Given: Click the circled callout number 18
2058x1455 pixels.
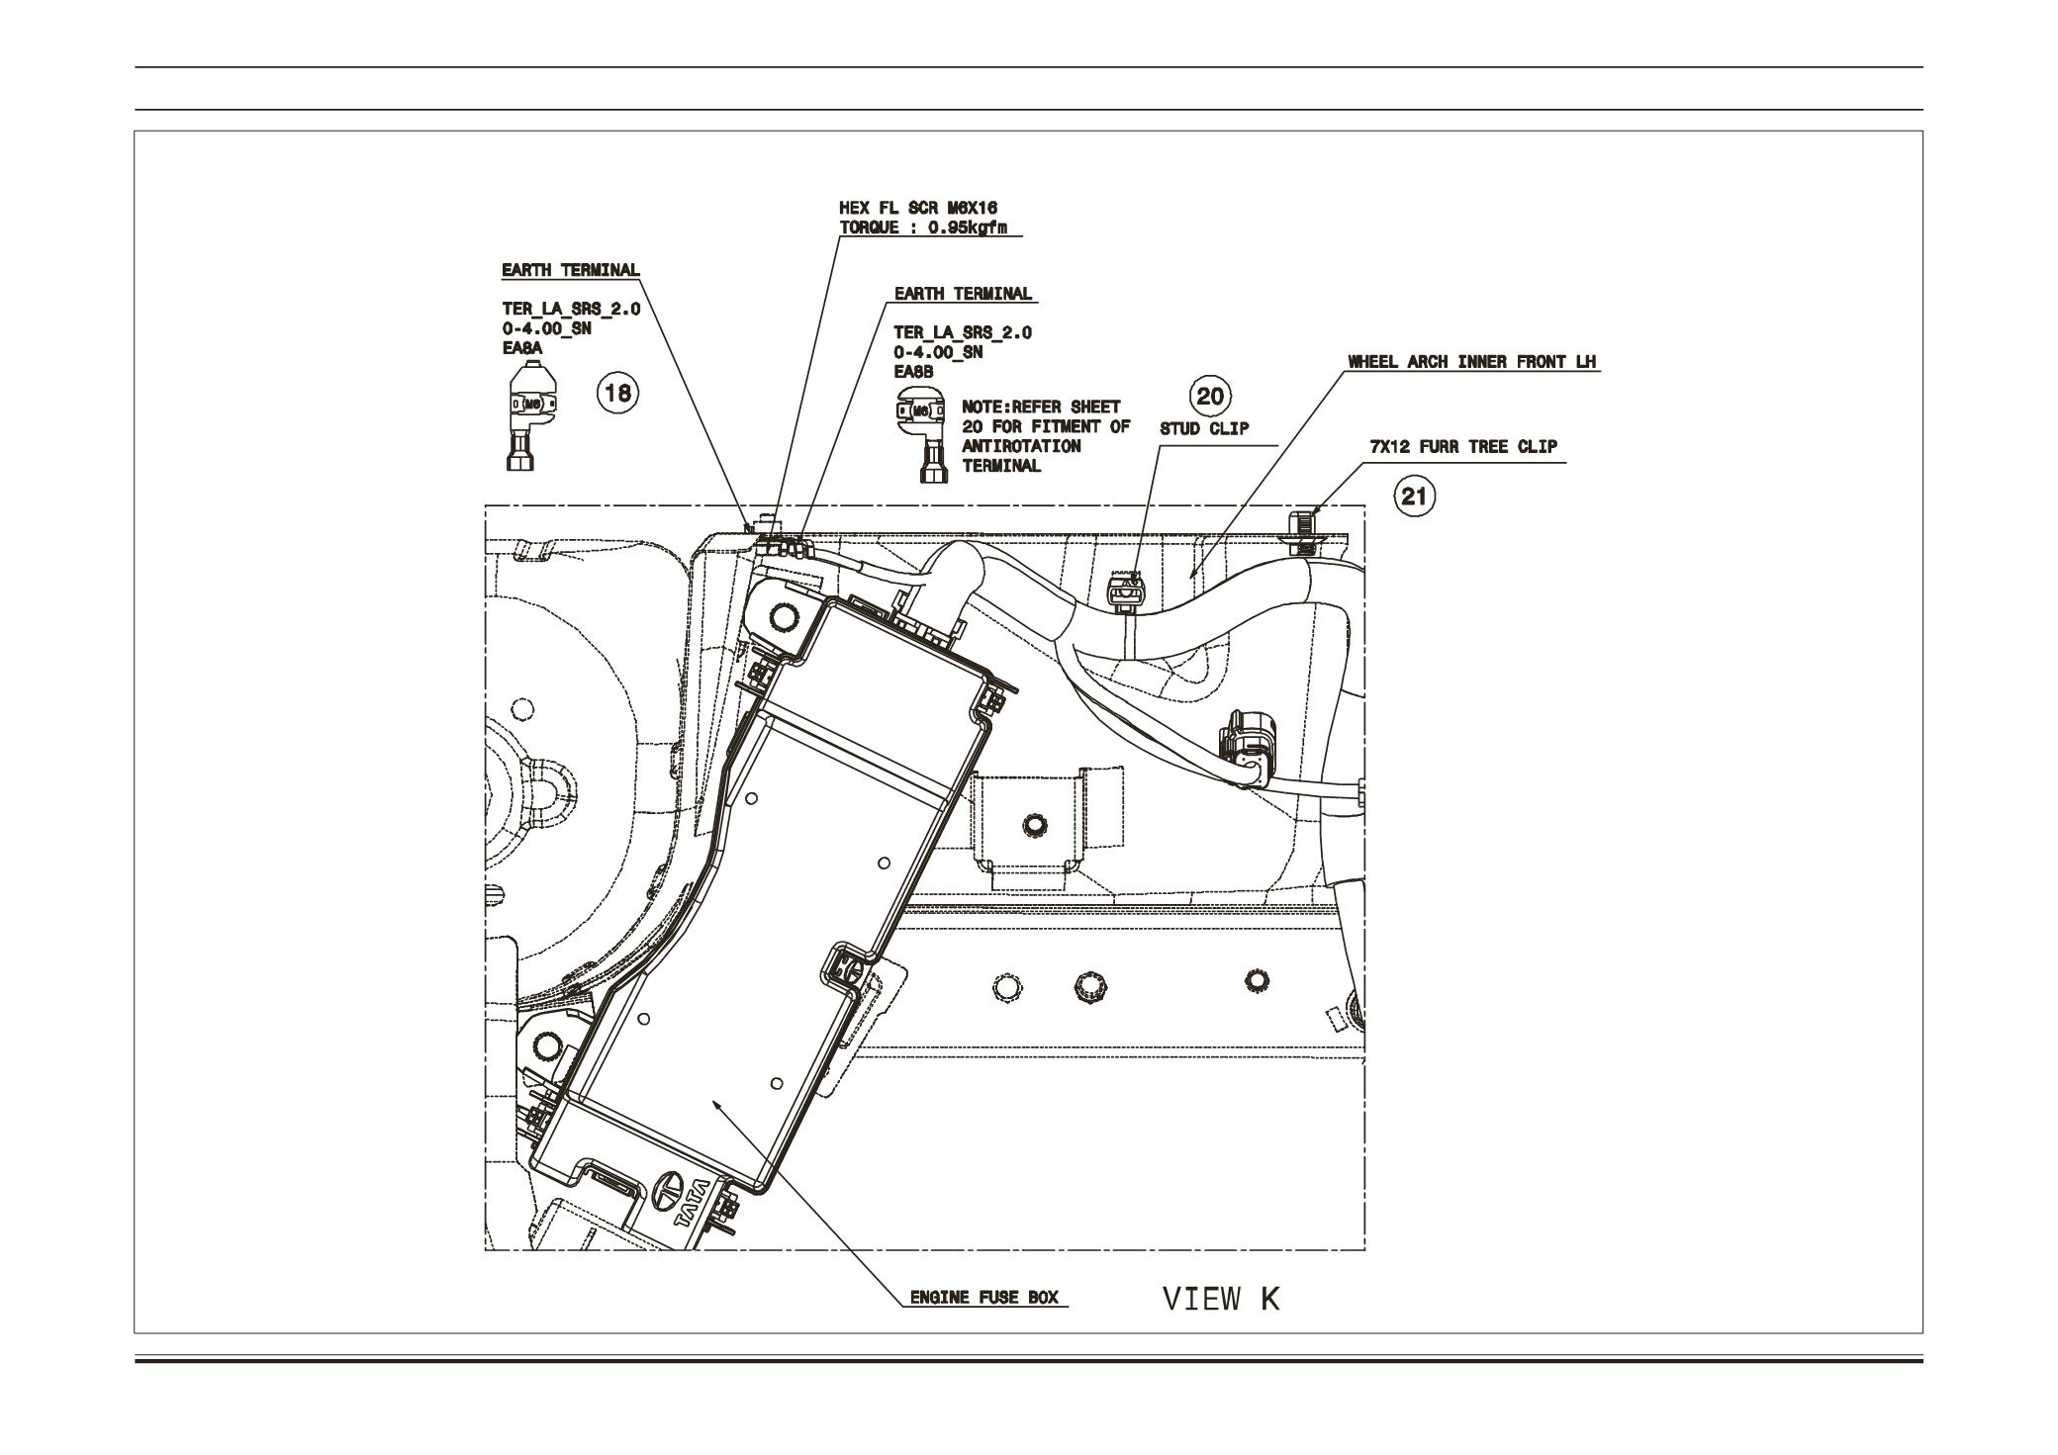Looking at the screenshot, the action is point(617,393).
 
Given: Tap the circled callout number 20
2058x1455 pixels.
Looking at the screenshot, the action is point(1210,397).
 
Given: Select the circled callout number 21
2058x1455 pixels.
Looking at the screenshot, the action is point(1415,496).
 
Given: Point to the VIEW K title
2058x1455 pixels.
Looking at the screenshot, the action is point(1221,1298).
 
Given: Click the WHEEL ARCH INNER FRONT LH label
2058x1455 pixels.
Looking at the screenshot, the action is point(1472,362).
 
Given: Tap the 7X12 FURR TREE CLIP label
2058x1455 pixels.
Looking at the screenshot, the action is point(1462,446).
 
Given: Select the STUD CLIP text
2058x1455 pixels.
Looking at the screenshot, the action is point(1204,429).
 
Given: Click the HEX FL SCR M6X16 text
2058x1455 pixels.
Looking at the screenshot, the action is point(917,209).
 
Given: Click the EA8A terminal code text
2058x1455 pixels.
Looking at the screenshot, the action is point(522,348).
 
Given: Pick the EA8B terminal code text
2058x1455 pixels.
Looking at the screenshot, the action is point(913,372).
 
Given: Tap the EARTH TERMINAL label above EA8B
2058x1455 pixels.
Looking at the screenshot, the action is point(963,294).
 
